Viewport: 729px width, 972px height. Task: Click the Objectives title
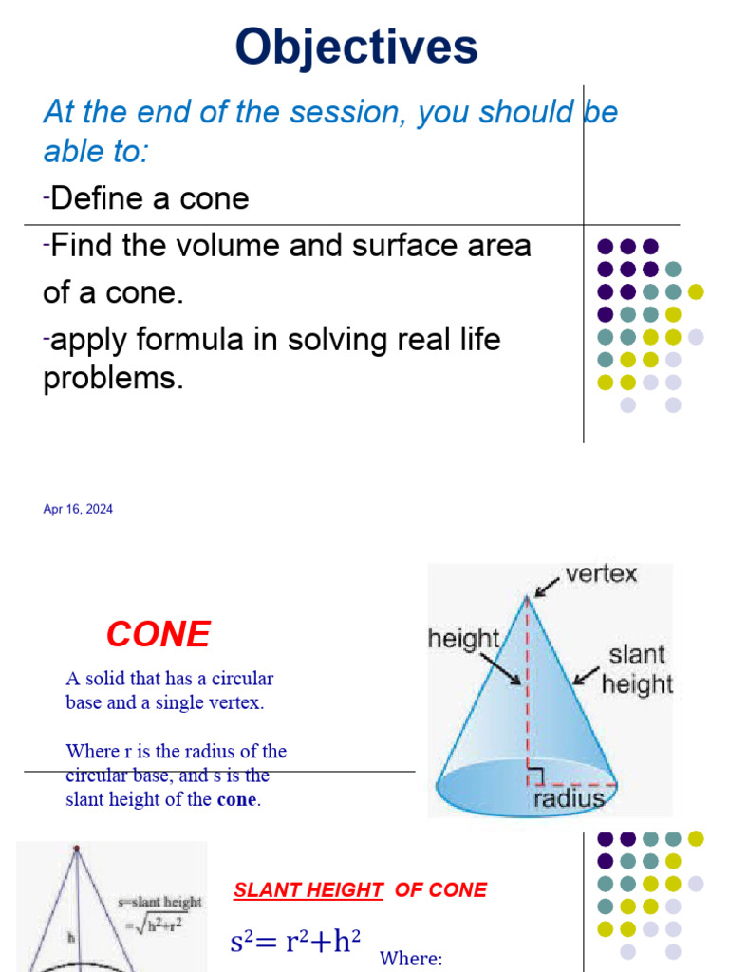(357, 47)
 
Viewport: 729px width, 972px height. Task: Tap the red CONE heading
(159, 634)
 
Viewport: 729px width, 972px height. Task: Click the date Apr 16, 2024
(78, 510)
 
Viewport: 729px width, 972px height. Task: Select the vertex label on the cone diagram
(601, 574)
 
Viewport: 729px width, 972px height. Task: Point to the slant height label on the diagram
(637, 669)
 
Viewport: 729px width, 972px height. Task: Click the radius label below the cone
(569, 798)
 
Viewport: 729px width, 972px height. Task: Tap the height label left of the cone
(463, 639)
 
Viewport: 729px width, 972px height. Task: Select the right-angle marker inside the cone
(535, 777)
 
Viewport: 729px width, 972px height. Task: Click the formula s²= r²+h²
(295, 942)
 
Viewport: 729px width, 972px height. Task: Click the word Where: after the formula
(411, 958)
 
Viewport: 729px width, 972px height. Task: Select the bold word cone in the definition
(236, 799)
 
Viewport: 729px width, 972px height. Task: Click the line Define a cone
(149, 198)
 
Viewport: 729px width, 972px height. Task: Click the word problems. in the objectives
(112, 378)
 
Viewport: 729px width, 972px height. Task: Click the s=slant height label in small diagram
(159, 902)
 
